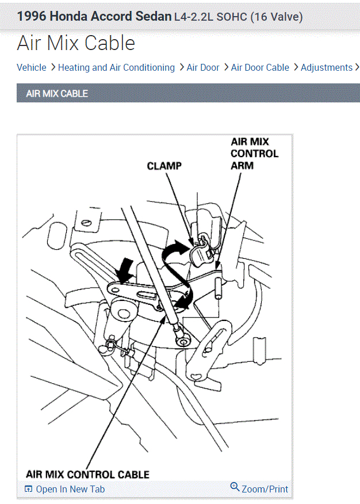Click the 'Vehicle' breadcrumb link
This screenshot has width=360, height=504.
point(32,67)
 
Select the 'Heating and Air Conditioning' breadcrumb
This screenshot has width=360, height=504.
point(116,67)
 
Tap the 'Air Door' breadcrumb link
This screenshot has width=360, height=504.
point(203,67)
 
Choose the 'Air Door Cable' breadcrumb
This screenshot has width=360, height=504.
point(260,67)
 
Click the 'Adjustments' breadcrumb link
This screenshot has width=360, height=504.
point(326,67)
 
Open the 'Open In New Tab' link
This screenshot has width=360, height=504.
point(70,489)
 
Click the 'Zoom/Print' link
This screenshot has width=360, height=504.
point(265,489)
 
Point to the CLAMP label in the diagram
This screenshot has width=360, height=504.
point(164,166)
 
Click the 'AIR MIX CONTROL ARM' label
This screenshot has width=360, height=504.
point(254,154)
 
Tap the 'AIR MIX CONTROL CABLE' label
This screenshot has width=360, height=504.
point(87,474)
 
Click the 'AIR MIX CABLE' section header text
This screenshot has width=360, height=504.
point(57,93)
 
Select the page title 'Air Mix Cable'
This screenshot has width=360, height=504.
point(76,43)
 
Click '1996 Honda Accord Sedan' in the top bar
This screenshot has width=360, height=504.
point(94,16)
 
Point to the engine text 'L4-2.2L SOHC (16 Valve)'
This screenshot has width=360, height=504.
point(238,17)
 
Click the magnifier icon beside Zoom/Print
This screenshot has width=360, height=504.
point(235,487)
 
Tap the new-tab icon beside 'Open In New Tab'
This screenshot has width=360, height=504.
point(28,489)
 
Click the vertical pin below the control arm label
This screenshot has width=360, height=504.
point(219,287)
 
